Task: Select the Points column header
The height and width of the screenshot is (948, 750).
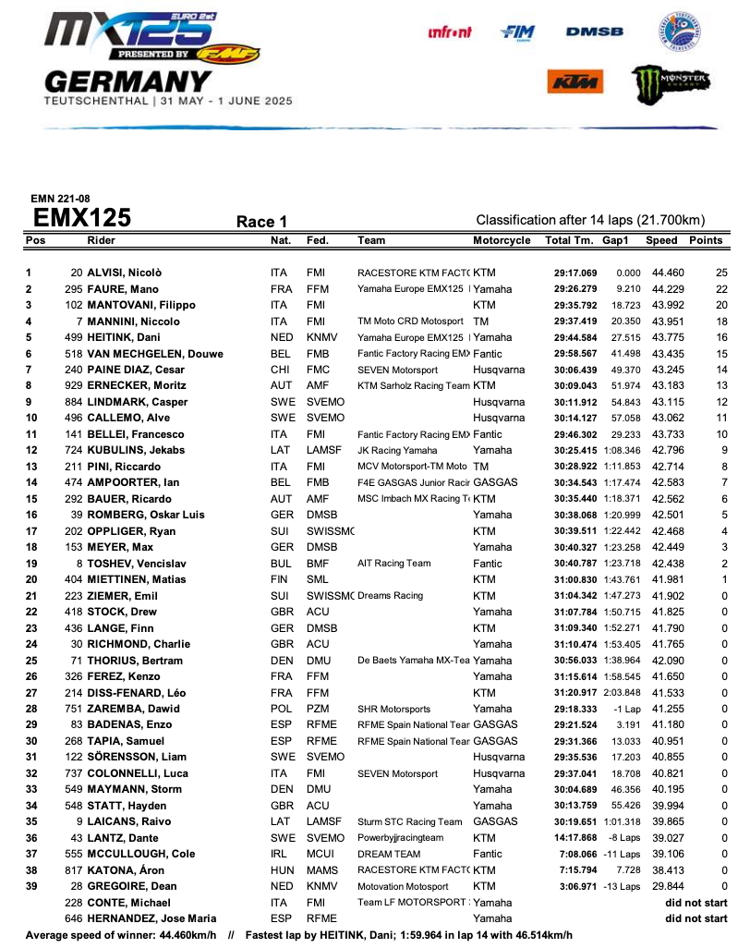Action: tap(706, 240)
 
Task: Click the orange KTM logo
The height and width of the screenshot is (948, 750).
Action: tap(569, 82)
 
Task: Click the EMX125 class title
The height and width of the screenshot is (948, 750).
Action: tap(82, 218)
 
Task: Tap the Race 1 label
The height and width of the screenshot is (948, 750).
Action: tap(262, 222)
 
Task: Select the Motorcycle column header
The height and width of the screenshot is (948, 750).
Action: tap(502, 240)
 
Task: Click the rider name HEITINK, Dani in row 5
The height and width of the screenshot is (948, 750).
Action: tap(125, 336)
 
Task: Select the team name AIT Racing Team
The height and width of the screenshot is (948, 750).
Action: tap(393, 562)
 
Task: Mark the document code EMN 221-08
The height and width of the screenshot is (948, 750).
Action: tap(57, 199)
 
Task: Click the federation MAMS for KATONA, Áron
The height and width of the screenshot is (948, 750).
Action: tap(320, 870)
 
